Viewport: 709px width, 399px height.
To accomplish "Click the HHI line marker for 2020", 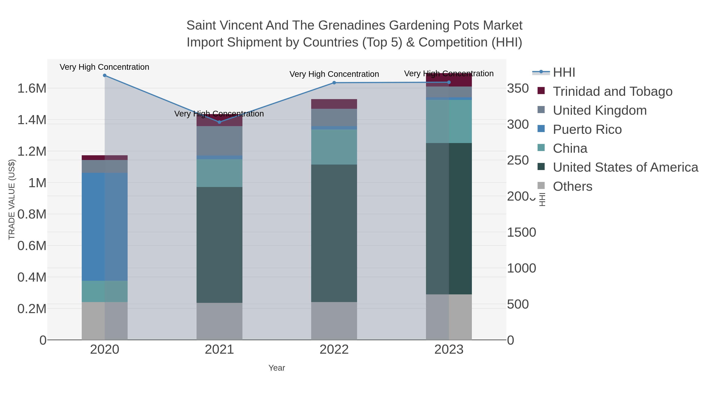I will [105, 75].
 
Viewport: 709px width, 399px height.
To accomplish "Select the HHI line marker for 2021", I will [219, 122].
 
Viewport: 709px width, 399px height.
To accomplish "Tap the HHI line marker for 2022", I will [334, 83].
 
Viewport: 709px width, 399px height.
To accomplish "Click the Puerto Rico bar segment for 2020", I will [105, 227].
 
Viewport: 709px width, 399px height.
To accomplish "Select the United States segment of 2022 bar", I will [334, 233].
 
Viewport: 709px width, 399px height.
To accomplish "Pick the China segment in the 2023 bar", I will [449, 121].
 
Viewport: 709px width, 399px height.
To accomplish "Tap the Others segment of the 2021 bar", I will [219, 321].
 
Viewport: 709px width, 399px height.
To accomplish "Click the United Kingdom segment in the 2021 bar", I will [219, 141].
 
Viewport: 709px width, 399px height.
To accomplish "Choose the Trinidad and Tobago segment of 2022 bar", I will [334, 104].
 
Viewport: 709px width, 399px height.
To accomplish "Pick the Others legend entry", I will [572, 186].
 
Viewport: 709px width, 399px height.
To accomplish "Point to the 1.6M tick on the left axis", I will [32, 88].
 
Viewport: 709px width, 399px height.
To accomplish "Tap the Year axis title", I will [277, 368].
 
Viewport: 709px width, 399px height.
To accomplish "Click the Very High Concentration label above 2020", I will [105, 67].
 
